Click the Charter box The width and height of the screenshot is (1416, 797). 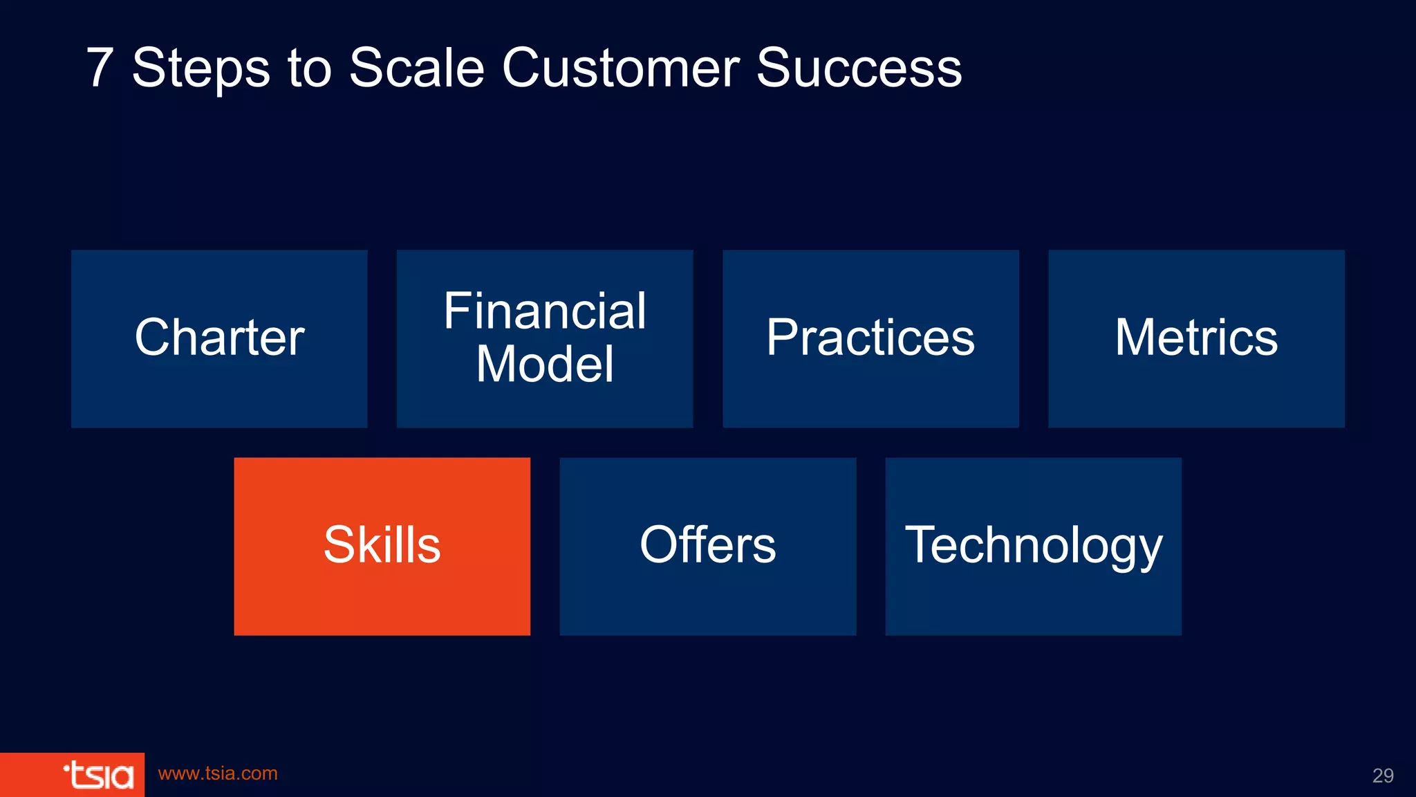click(x=219, y=338)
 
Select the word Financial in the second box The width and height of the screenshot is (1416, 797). click(x=545, y=311)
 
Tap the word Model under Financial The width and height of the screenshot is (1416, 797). click(x=545, y=365)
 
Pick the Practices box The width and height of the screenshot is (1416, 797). click(x=870, y=338)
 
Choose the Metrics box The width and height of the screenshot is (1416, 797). click(x=1196, y=338)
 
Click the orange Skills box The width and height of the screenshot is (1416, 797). click(x=382, y=546)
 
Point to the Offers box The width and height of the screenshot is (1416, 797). click(x=707, y=546)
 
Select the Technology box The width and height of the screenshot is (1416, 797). click(x=1033, y=546)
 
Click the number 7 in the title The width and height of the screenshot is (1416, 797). click(x=100, y=68)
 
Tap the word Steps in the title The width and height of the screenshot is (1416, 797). click(x=201, y=68)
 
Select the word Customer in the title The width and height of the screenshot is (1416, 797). click(x=620, y=68)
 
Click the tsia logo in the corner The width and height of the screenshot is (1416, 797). click(x=98, y=775)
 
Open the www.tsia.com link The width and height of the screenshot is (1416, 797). click(x=218, y=773)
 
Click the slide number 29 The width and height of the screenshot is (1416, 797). click(x=1382, y=776)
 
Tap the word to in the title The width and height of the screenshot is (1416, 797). click(x=309, y=68)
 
